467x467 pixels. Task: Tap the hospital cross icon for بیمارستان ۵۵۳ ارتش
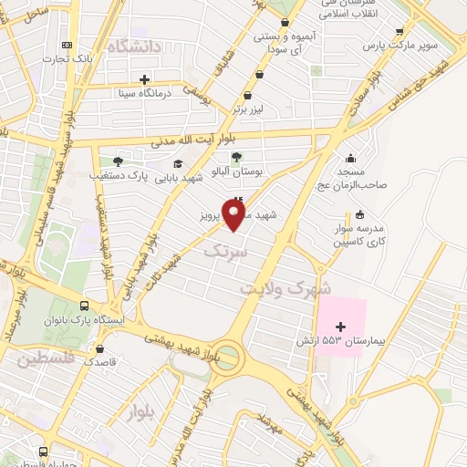click(x=341, y=327)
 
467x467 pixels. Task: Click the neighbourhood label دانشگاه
click(x=133, y=46)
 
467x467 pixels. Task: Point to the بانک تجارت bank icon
click(x=67, y=46)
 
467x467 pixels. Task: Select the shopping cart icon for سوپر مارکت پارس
click(x=399, y=30)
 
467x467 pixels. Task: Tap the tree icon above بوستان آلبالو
click(x=236, y=158)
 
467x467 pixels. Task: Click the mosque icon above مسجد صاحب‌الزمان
click(x=351, y=159)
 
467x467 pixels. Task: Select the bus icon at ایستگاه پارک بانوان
click(x=84, y=306)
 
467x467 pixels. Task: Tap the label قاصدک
click(x=101, y=361)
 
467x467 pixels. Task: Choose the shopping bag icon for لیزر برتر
click(x=246, y=95)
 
